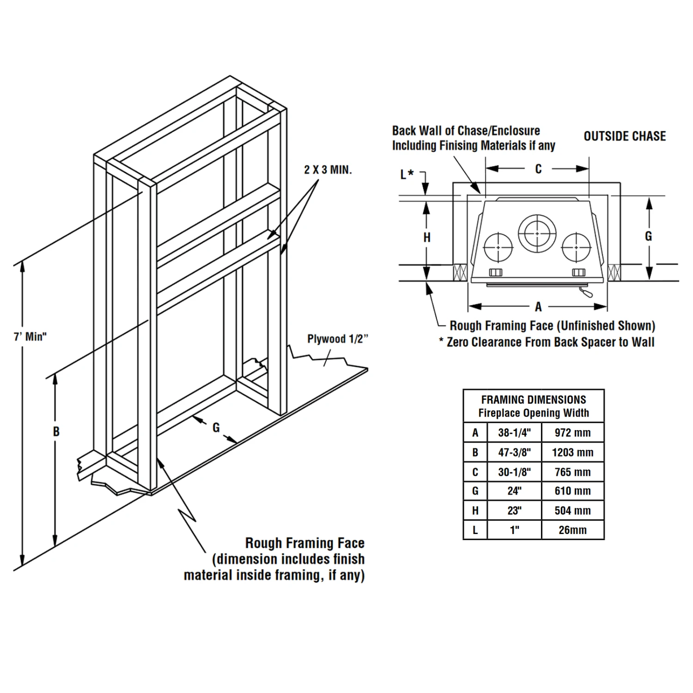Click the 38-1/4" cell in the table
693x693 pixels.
pos(514,433)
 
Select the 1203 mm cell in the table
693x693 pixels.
pos(572,453)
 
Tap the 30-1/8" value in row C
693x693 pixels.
pos(514,472)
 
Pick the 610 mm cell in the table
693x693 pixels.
pos(572,491)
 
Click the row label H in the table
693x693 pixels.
pos(475,511)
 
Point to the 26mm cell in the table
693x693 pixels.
pos(572,530)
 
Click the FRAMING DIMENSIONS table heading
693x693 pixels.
pos(534,400)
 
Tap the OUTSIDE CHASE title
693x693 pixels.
pos(625,136)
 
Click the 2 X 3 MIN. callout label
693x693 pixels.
pos(328,170)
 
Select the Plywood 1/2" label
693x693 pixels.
pos(338,339)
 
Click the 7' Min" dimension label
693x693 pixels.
pos(30,337)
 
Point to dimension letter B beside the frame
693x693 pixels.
pos(56,432)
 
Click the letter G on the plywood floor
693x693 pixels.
pos(216,428)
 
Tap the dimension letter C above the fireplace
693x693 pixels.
pos(538,169)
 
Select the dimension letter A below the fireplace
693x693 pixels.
pos(538,306)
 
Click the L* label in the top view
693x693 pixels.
pos(407,174)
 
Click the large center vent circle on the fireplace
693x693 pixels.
pos(537,233)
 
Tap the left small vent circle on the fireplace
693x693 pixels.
pos(498,247)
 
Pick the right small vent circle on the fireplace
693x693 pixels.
pos(576,247)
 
